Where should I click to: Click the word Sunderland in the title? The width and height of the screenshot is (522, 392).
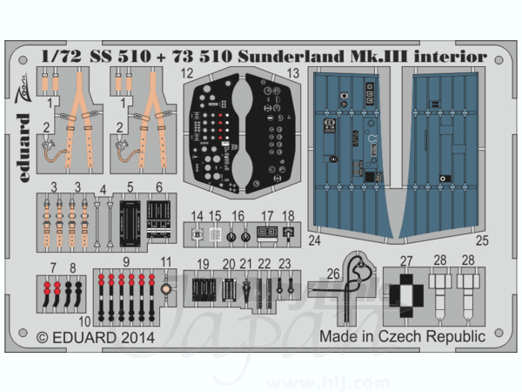point(291,57)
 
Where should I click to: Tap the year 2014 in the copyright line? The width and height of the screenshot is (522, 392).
point(137,338)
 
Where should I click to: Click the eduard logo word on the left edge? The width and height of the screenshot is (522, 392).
point(23,148)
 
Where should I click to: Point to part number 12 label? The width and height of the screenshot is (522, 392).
point(187,73)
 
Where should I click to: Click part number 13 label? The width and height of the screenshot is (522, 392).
point(293,73)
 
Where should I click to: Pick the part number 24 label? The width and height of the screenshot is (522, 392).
point(314,240)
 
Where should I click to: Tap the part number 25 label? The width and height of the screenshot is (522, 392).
point(482,240)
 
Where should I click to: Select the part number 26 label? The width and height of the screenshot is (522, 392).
point(333,274)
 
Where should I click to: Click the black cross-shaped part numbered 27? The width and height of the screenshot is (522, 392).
point(406,295)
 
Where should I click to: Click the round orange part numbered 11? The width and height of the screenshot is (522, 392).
point(166,288)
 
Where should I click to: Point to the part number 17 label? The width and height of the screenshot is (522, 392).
point(267,217)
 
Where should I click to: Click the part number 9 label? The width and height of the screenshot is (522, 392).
point(126,262)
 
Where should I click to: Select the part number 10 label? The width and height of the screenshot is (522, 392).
point(85,321)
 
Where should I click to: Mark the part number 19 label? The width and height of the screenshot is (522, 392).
point(203,264)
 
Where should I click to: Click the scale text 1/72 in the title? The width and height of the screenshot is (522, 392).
point(61,57)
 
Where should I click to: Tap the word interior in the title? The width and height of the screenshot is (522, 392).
point(450,57)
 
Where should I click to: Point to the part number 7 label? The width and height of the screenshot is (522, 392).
point(53,267)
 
